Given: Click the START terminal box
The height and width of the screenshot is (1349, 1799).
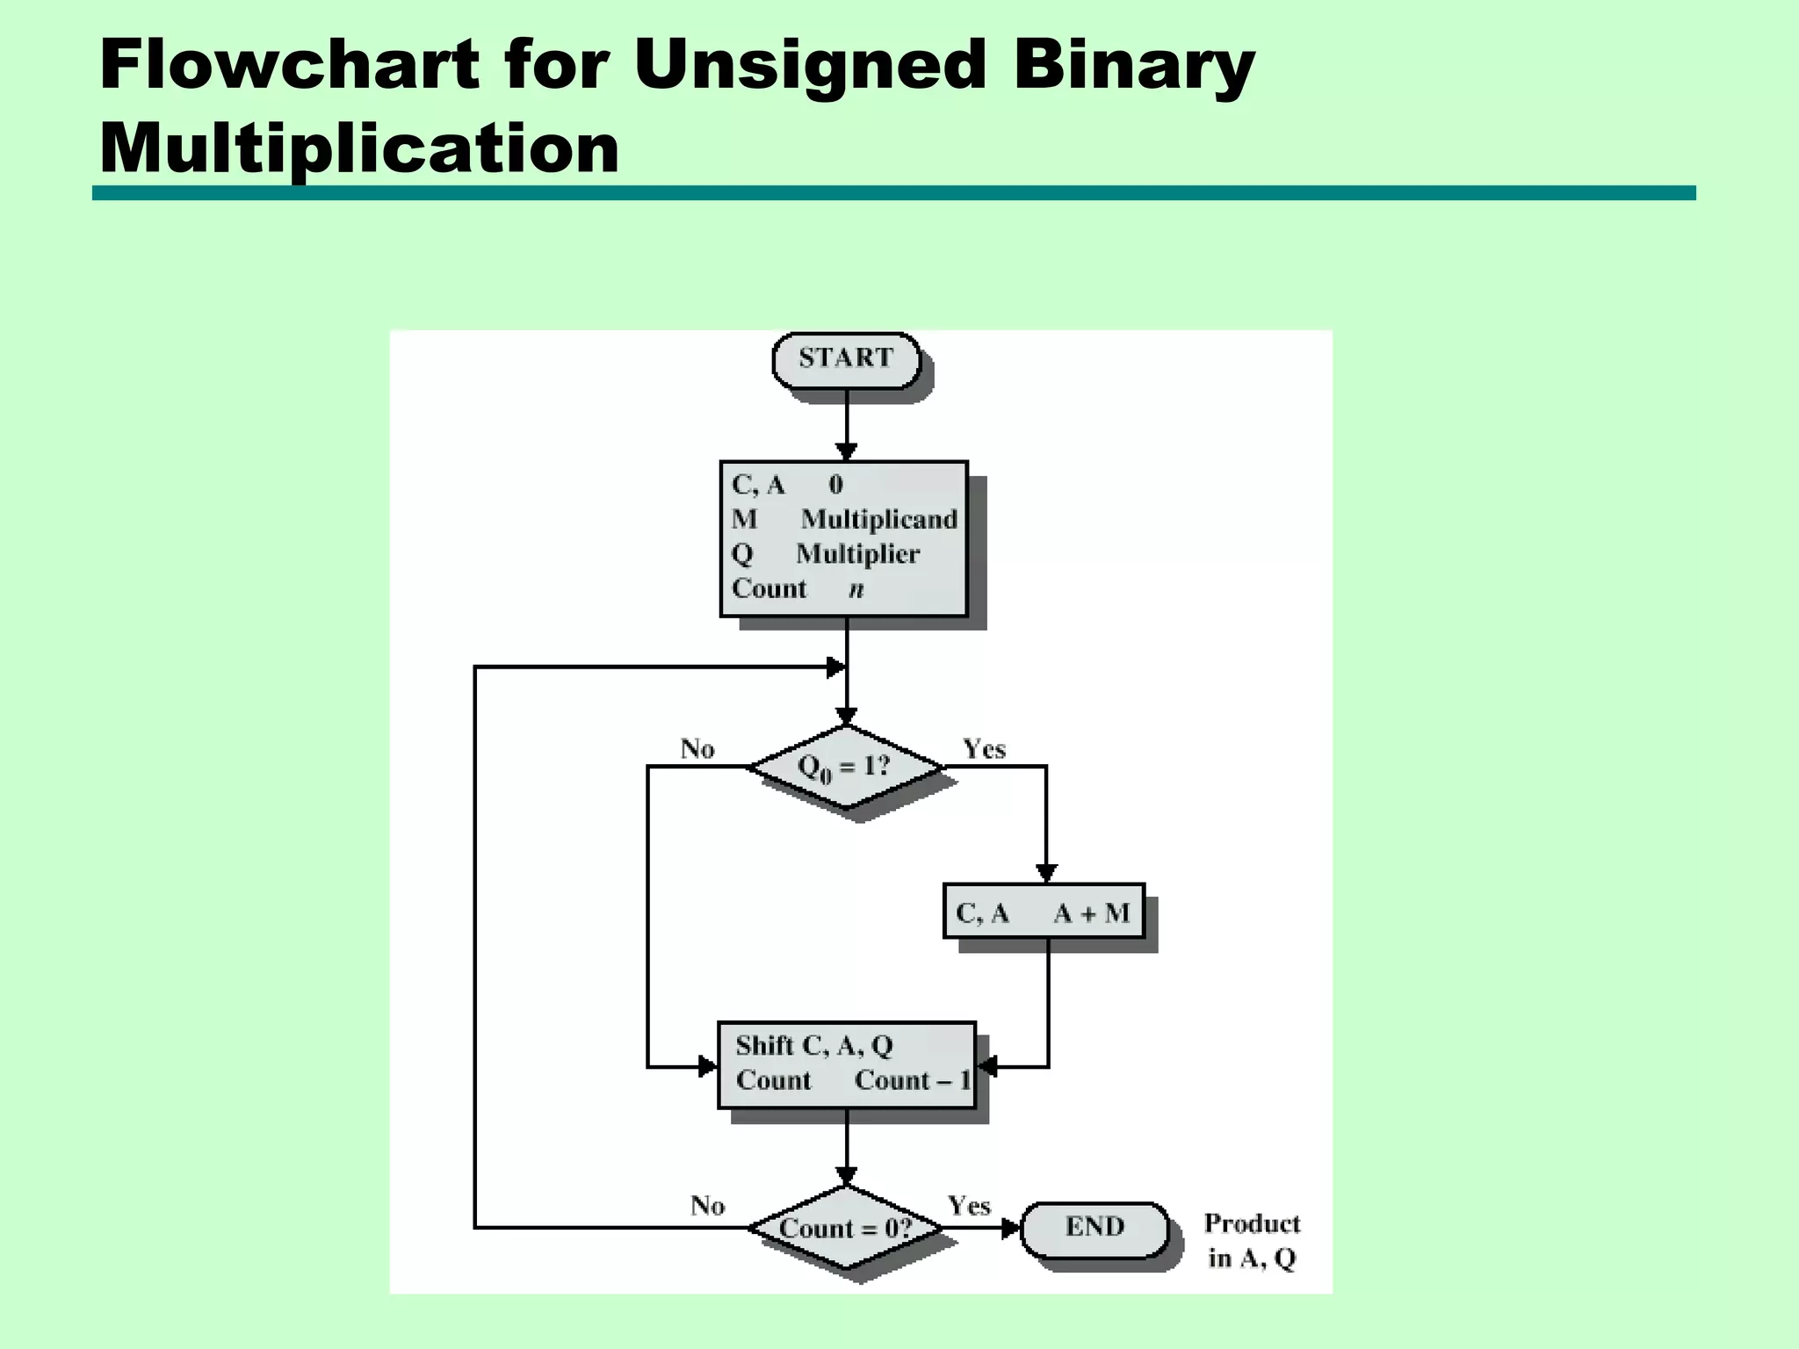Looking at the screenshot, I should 846,359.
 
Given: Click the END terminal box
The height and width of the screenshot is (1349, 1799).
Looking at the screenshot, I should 1095,1227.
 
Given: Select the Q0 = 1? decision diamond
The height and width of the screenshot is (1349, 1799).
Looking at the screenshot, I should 846,767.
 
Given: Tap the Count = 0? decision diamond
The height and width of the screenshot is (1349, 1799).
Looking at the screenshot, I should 846,1228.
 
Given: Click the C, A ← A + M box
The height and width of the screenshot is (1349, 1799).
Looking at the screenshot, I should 1044,912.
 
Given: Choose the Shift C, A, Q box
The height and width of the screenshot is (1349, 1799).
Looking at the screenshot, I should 846,1064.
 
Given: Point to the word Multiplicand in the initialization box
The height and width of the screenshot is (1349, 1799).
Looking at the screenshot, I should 878,519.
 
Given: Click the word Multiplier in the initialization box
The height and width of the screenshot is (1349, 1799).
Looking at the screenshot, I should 857,554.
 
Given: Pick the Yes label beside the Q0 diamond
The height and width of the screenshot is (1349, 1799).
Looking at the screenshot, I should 984,749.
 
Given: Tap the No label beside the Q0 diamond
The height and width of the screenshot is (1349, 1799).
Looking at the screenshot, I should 697,749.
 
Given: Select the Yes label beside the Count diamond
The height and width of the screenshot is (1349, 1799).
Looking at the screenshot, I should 969,1206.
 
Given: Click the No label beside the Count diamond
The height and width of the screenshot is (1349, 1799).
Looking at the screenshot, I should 707,1206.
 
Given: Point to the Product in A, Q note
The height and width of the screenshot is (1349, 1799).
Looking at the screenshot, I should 1252,1241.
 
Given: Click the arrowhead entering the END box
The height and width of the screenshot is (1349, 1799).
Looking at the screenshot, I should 1011,1228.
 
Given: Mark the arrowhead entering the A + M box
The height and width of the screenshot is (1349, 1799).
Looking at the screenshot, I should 1045,873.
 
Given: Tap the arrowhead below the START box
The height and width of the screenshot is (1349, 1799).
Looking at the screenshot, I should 846,451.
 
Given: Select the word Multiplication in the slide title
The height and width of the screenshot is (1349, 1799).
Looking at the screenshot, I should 359,148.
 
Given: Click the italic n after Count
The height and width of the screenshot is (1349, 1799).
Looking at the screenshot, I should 856,589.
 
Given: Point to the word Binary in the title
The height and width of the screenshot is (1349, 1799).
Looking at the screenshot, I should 1134,65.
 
